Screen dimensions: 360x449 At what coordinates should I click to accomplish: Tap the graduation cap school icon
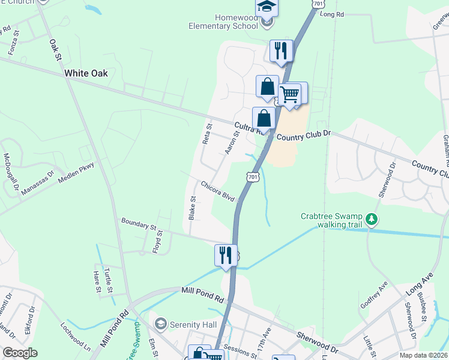[x=267, y=7]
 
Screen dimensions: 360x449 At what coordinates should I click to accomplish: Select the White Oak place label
[x=86, y=73]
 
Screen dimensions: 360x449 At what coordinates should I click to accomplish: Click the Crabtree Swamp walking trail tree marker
[x=372, y=219]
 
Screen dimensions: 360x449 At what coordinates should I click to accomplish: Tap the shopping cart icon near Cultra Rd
[x=289, y=94]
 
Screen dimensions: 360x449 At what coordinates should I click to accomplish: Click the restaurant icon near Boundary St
[x=226, y=255]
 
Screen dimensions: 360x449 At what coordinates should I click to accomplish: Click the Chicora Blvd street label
[x=217, y=191]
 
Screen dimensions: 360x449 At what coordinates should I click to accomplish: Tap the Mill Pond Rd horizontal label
[x=202, y=294]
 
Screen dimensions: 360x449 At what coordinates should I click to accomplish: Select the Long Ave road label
[x=418, y=284]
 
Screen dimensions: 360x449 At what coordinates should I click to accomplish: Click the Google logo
[x=20, y=353]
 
